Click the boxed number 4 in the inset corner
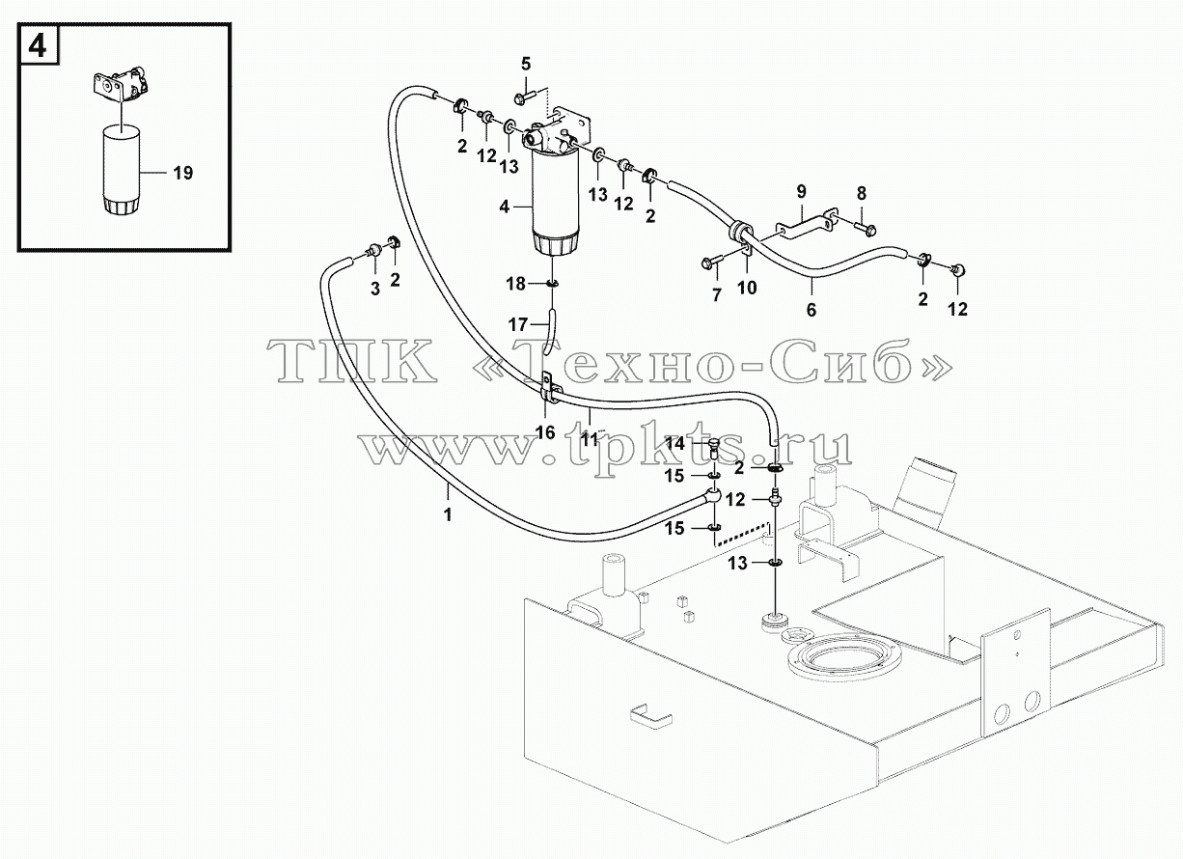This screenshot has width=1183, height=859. pyautogui.click(x=37, y=46)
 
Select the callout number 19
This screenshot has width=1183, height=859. pyautogui.click(x=183, y=173)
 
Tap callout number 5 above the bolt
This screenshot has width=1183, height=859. pyautogui.click(x=526, y=65)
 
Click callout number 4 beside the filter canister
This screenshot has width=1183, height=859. pyautogui.click(x=505, y=208)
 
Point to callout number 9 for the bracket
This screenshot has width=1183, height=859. pyautogui.click(x=801, y=192)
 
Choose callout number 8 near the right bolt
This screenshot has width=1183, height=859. pyautogui.click(x=862, y=193)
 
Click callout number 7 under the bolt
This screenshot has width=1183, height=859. pyautogui.click(x=717, y=294)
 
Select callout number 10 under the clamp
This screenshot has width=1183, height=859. pyautogui.click(x=747, y=288)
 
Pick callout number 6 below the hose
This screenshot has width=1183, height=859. pyautogui.click(x=812, y=310)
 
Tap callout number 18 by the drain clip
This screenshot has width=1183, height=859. pyautogui.click(x=515, y=284)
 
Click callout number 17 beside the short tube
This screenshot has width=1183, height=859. pyautogui.click(x=518, y=324)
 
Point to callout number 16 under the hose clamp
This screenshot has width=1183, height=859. pyautogui.click(x=545, y=432)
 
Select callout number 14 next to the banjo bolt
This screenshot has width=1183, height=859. pyautogui.click(x=674, y=444)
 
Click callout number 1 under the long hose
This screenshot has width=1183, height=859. pyautogui.click(x=448, y=514)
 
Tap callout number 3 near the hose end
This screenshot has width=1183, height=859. pyautogui.click(x=375, y=289)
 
